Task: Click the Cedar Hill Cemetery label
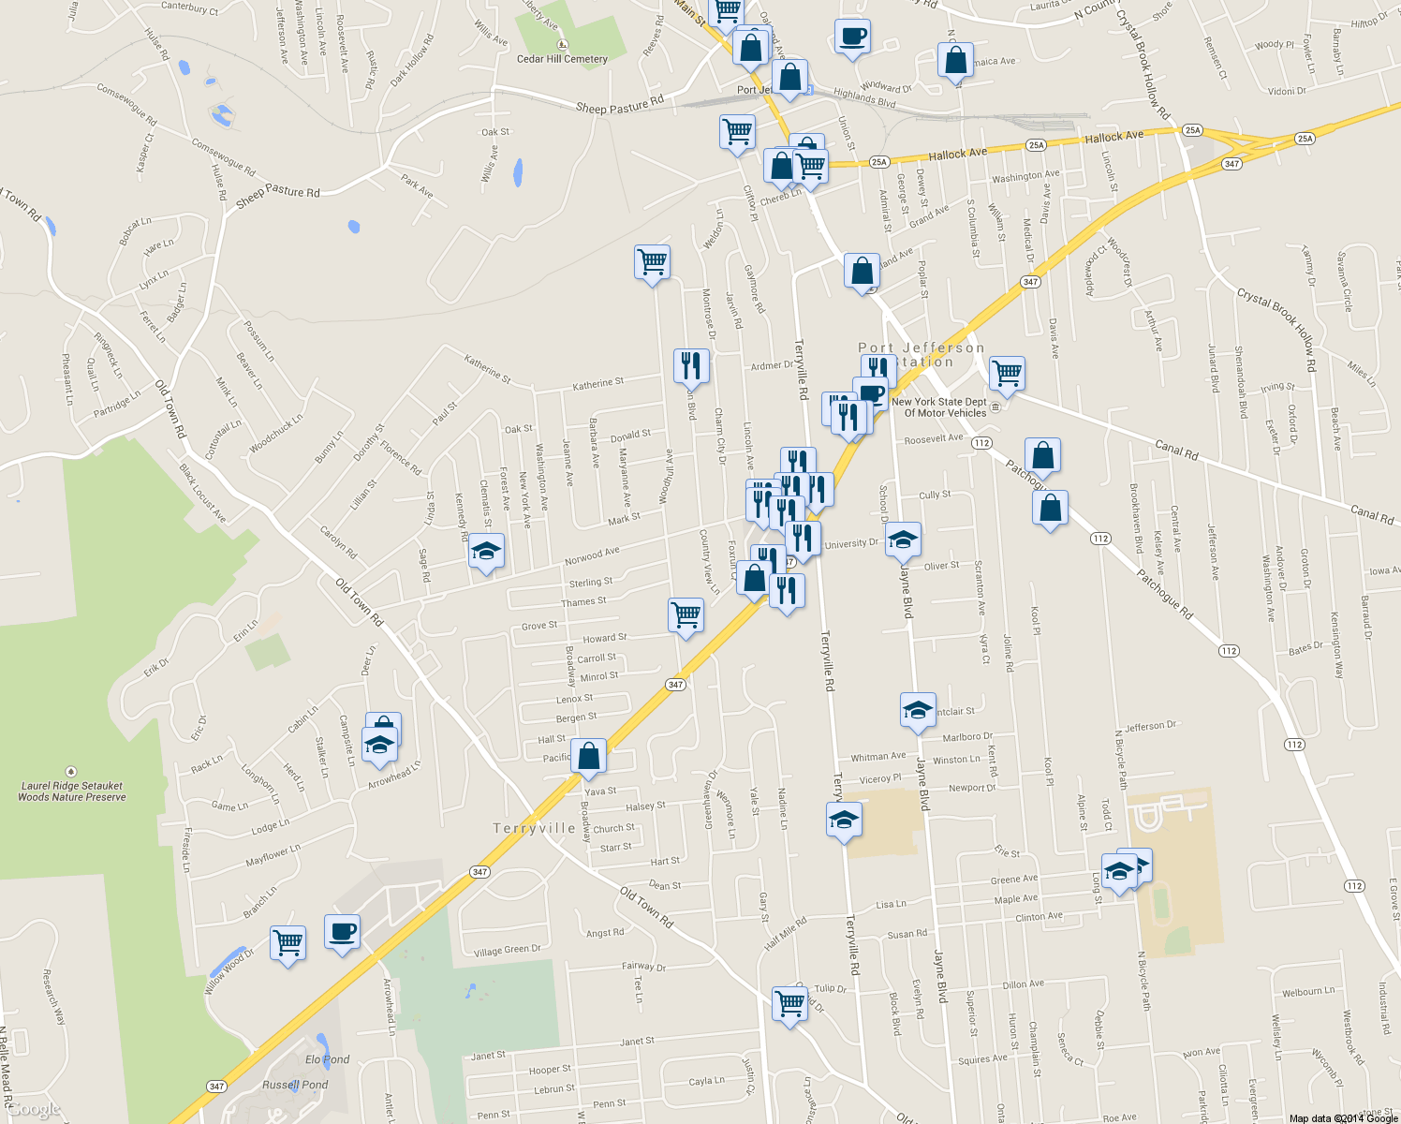pos(562,58)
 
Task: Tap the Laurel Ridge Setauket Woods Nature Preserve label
pos(72,791)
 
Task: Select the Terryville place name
pos(534,829)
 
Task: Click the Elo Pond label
pos(328,1059)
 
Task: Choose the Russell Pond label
pos(295,1085)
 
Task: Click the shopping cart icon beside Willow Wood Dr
pos(288,941)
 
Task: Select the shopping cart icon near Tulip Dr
pos(789,1003)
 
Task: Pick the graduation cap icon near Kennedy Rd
pos(486,551)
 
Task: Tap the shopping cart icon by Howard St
pos(686,615)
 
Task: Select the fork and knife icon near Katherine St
pos(691,365)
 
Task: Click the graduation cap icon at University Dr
pos(903,540)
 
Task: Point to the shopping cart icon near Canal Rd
pos(1007,373)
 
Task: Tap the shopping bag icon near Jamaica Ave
pos(955,60)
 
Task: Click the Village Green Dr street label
pos(507,951)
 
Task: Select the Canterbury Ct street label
pos(189,9)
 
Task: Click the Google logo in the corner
pos(34,1110)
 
